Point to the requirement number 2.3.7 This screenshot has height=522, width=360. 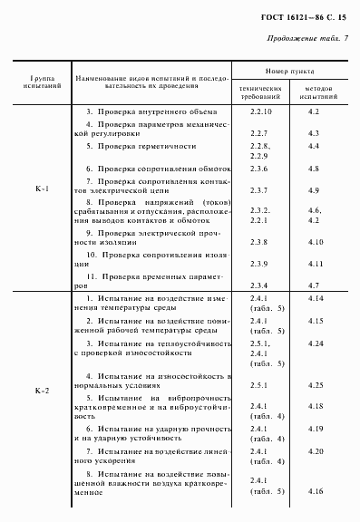click(260, 191)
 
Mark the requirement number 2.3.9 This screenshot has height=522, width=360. click(260, 264)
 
